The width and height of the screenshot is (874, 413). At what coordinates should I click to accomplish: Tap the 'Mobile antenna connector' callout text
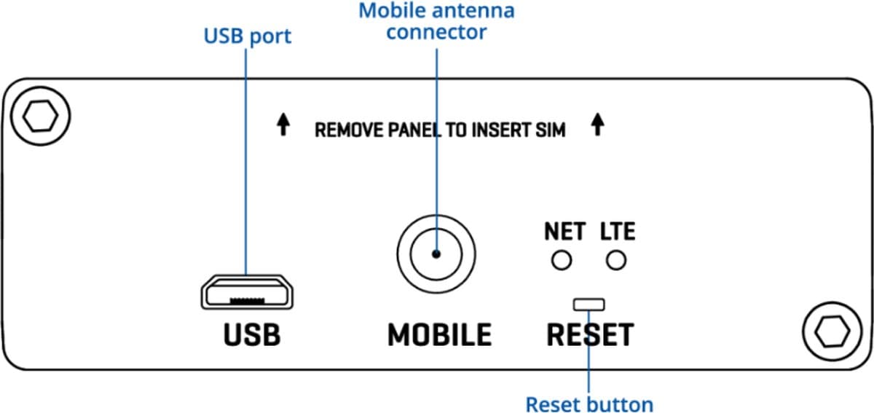tap(436, 22)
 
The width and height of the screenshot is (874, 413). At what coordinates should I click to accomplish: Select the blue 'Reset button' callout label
tap(589, 404)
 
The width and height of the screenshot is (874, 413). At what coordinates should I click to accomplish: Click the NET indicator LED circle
tap(561, 260)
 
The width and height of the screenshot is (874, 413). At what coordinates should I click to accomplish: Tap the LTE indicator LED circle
tap(617, 260)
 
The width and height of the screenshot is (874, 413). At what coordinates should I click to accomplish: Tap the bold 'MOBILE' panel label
tap(439, 334)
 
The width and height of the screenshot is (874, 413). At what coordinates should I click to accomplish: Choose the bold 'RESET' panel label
tap(589, 334)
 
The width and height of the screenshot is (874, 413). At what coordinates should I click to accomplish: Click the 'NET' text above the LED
tap(564, 232)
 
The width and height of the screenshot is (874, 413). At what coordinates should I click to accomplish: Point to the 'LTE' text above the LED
tap(618, 232)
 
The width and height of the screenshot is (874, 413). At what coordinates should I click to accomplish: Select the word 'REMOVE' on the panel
tap(346, 130)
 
